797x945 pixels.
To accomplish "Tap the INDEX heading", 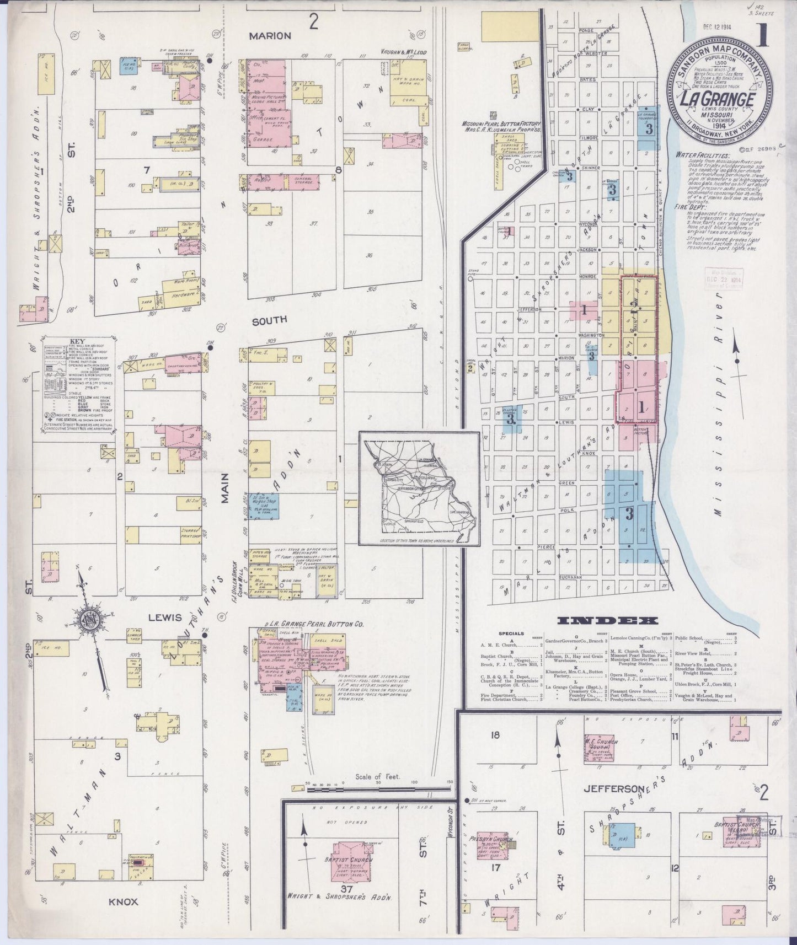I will point(608,620).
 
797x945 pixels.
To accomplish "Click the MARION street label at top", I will point(270,36).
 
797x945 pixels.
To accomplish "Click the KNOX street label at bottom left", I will point(123,902).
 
